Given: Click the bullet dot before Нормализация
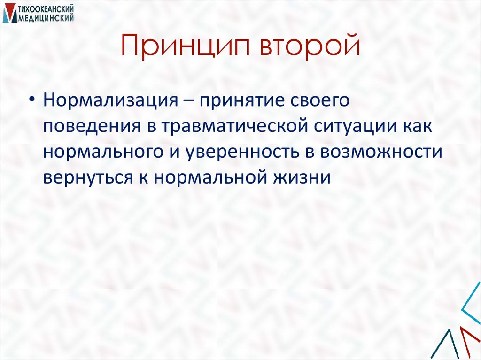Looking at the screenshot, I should pos(31,101).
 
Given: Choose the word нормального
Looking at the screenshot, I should pos(95,153).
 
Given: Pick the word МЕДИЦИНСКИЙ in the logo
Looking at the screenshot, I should pos(47,17).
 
